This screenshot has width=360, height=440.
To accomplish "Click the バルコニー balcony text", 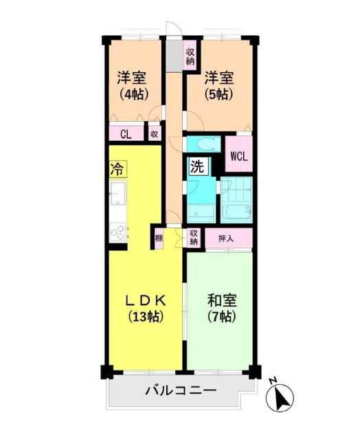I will pos(180,391).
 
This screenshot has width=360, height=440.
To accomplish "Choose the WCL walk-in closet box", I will pos(239,155).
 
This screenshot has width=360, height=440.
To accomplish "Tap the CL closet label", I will pos(126,135).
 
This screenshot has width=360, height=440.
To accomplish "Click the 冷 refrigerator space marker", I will pos(117,167).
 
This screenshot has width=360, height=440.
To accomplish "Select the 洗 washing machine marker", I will pos(196,166).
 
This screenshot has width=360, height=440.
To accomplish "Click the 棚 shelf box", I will pos(159,238).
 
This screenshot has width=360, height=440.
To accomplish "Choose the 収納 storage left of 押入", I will pos(194,238).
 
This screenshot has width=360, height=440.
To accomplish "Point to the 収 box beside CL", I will pos(155,135).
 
